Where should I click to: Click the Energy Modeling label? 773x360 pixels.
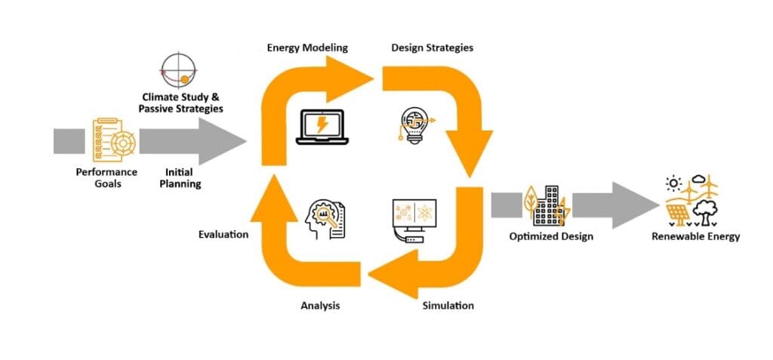coord(307,48)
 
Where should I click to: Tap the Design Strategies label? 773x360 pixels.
coord(432,48)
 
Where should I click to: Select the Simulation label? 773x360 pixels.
coord(448,306)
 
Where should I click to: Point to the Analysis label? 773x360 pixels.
coord(320,306)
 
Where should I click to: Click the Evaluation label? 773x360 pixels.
coord(223,235)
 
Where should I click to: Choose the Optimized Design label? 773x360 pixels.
coord(551,236)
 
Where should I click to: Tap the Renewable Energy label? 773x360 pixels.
coord(696,236)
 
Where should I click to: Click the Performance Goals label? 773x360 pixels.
coord(106,177)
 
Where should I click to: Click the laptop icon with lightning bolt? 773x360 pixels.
coord(322,125)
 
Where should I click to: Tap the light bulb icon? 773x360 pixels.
coord(413,125)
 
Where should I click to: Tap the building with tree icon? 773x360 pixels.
coord(545,204)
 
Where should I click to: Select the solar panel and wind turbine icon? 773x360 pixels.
coord(692,200)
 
